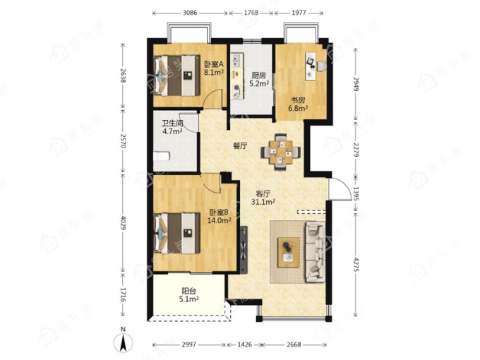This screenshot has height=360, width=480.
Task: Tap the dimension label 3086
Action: tap(190, 13)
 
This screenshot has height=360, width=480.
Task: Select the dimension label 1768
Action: tap(251, 13)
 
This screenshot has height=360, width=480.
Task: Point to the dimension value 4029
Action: tap(123, 223)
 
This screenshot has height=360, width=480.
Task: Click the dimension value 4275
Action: tap(356, 264)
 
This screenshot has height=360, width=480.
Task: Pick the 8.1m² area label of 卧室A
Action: tap(214, 73)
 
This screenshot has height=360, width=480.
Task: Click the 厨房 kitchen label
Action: tap(258, 76)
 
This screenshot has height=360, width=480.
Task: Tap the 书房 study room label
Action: tap(298, 100)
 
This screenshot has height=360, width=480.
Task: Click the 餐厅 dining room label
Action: tap(240, 146)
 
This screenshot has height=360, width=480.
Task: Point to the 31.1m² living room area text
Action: tap(263, 202)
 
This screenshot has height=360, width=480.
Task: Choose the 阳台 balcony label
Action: tap(189, 291)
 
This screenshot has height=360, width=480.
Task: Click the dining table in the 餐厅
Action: tap(281, 152)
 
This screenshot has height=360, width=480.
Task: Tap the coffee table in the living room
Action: tap(289, 253)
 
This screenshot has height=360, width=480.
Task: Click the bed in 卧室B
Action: tap(177, 234)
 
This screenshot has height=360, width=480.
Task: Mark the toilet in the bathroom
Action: tap(162, 157)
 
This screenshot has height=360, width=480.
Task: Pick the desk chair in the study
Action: tap(322, 66)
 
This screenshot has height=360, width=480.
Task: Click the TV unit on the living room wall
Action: tap(244, 250)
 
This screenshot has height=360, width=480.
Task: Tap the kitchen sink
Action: tap(237, 61)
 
